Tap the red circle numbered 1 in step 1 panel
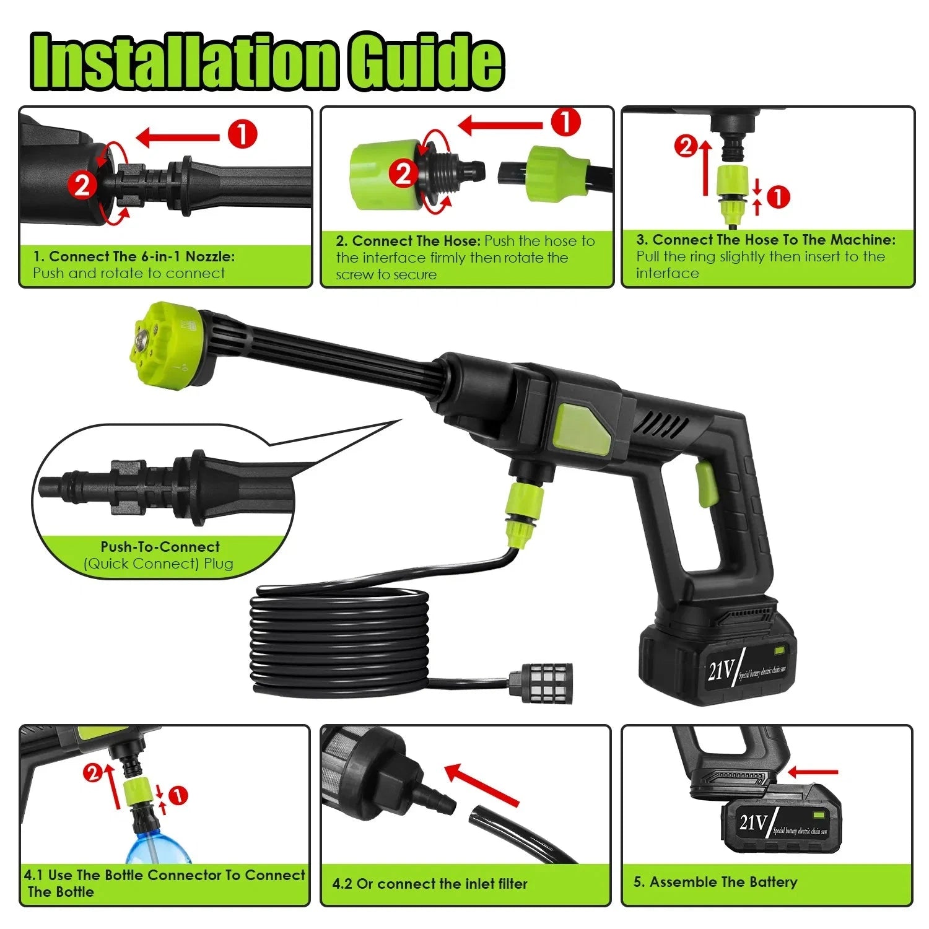242,134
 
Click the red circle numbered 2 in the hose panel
404,174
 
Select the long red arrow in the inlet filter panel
481,785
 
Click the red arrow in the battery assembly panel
813,772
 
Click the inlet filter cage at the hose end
540,684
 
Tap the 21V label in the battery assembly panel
753,822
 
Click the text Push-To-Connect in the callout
160,547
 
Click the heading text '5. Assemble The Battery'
715,882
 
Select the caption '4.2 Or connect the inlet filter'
430,884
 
